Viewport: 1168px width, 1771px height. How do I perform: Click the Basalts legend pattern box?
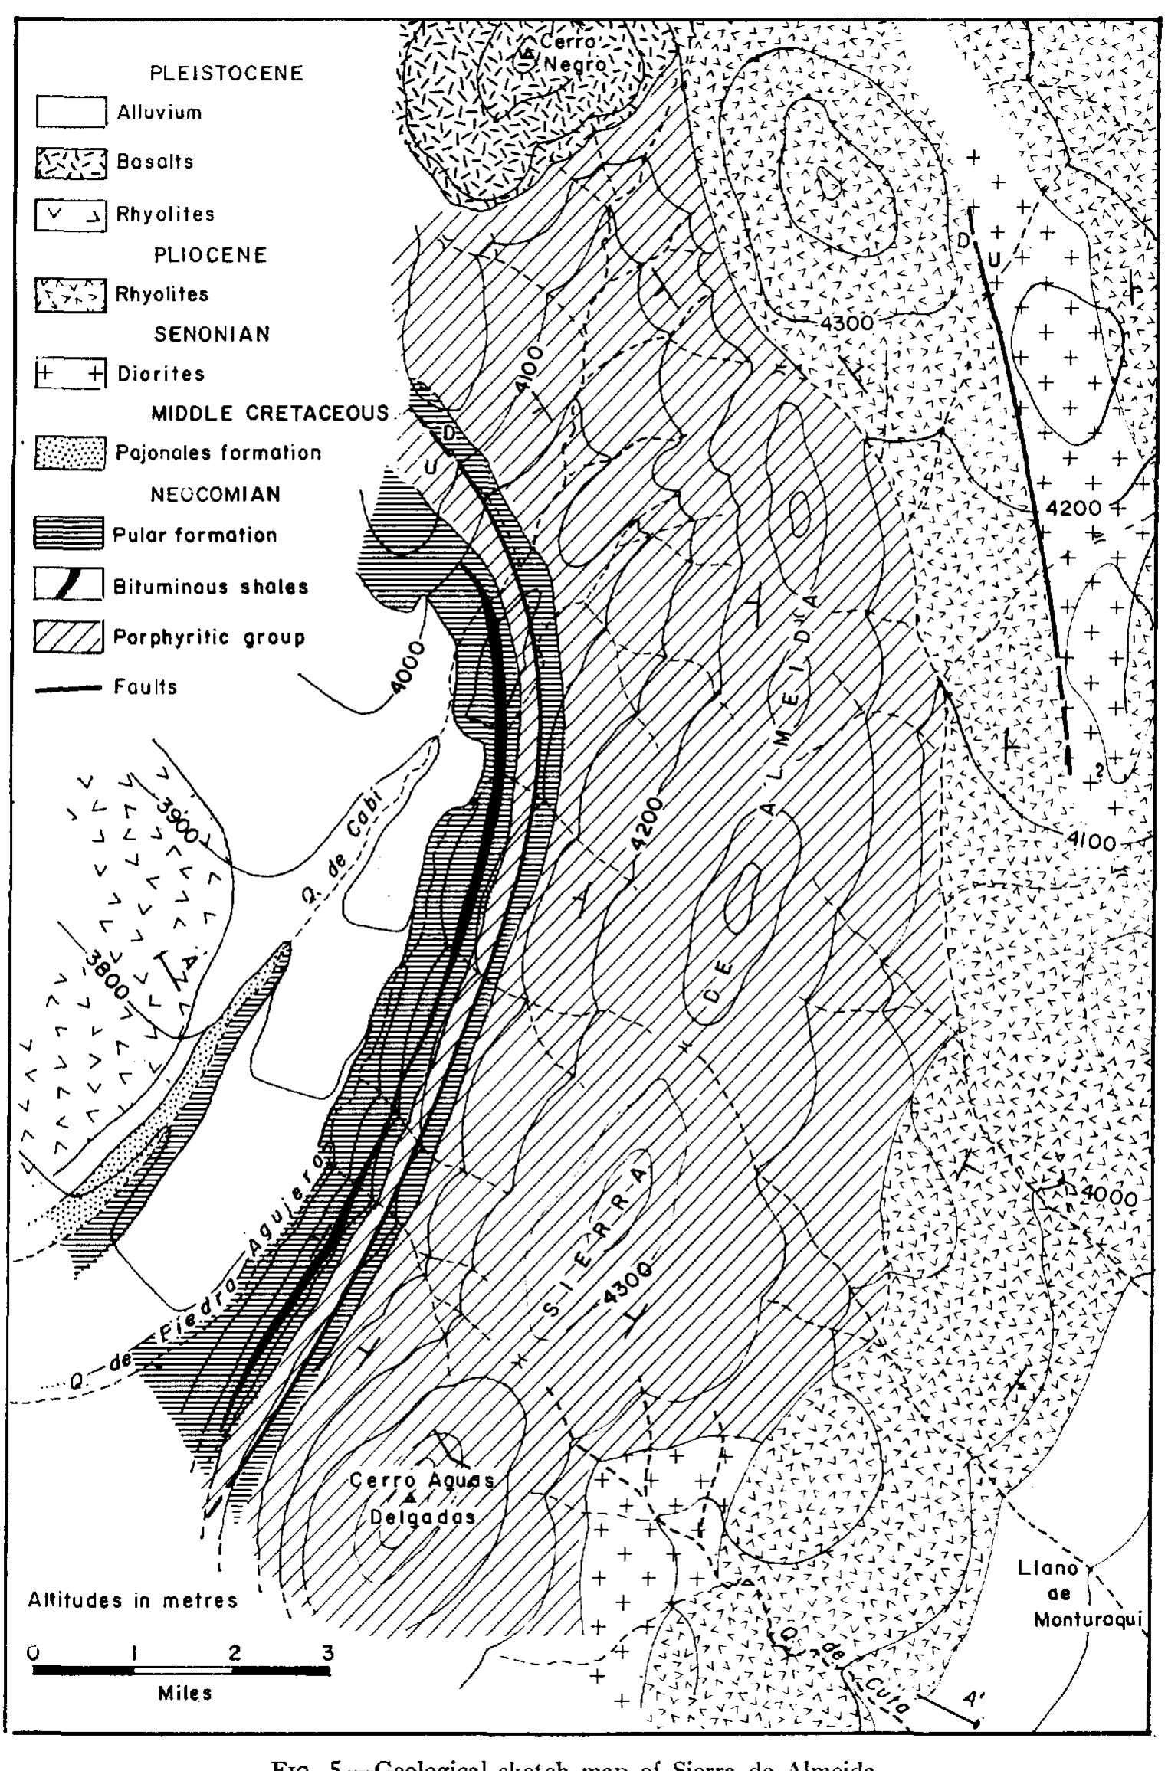(70, 162)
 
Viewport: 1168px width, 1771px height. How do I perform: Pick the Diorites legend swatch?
(70, 374)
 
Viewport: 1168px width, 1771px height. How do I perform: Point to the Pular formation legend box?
(70, 534)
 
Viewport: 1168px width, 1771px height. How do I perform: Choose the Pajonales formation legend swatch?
(70, 453)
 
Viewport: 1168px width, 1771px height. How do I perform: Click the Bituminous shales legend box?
(70, 585)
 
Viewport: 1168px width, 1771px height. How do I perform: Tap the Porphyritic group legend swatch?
(70, 637)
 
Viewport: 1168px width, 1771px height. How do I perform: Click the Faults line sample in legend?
(69, 687)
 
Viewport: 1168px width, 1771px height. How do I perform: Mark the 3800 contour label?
(107, 973)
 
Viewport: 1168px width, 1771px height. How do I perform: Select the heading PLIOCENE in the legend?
(211, 254)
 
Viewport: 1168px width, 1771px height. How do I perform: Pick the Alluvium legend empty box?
(70, 113)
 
